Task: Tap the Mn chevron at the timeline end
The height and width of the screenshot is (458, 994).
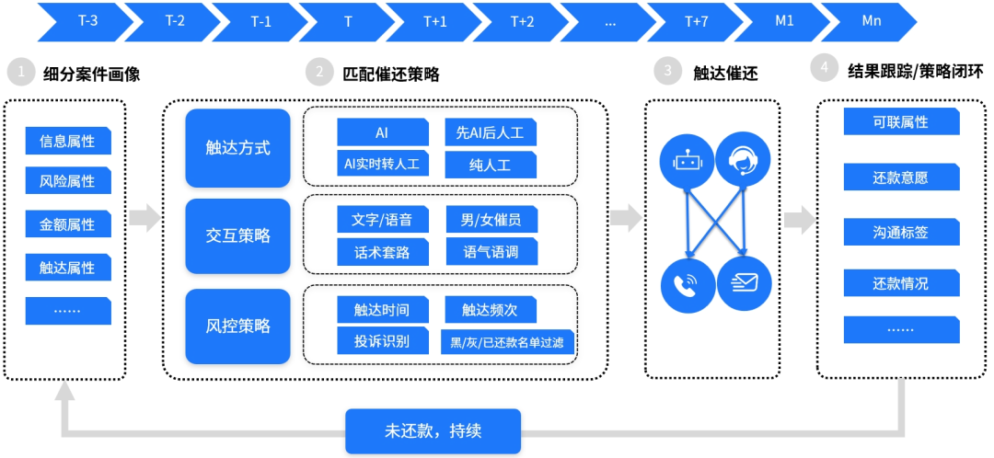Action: point(870,21)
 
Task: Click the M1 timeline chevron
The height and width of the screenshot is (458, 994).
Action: point(783,21)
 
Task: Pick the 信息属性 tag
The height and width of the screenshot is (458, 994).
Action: point(67,141)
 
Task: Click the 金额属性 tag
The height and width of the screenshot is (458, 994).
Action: point(67,224)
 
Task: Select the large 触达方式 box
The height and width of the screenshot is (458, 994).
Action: point(238,147)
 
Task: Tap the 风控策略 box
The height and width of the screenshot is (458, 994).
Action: point(238,326)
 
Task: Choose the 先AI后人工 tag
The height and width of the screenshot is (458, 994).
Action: point(490,132)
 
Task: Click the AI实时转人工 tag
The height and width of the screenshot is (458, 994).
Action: point(383,164)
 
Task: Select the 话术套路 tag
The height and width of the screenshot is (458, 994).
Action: point(383,251)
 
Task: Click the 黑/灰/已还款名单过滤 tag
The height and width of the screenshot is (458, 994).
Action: point(507,343)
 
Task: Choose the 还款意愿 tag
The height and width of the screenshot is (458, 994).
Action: point(900,177)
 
